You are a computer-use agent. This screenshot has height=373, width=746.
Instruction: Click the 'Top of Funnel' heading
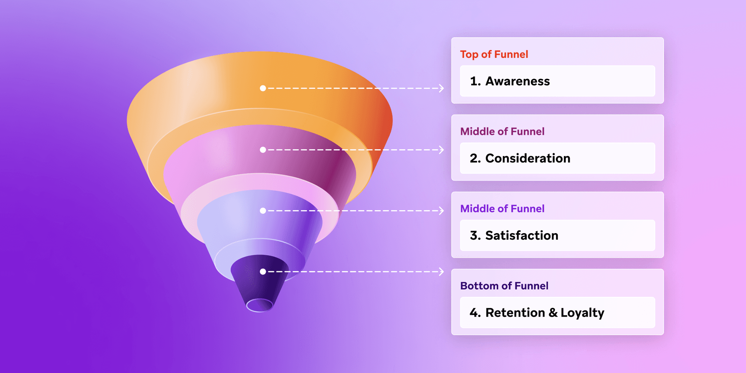pos(494,54)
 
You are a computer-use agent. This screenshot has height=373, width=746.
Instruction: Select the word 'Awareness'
pos(518,81)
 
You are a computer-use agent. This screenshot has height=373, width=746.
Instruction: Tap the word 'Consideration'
pos(528,159)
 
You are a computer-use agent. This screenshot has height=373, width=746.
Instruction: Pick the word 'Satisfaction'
pos(521,235)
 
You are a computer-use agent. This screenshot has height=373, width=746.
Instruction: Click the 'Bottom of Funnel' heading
pos(504,286)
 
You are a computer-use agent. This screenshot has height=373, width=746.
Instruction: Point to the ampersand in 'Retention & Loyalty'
pos(553,313)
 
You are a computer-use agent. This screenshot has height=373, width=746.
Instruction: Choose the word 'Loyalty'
pos(582,313)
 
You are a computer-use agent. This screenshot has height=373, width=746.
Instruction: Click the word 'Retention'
pos(515,313)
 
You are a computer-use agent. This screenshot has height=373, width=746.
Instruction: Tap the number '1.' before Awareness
pos(475,81)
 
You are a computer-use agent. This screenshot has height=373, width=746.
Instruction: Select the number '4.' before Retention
pos(475,313)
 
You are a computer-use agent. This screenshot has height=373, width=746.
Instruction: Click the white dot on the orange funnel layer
pos(263,88)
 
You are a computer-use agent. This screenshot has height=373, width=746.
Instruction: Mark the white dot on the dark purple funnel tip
pos(263,272)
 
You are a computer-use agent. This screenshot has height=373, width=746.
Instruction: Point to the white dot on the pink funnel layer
pos(263,150)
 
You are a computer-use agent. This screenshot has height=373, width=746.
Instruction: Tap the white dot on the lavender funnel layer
pos(263,211)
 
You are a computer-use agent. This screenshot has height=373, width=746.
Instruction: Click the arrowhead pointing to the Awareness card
pos(441,88)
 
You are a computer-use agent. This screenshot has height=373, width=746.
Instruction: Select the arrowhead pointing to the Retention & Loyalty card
pos(441,272)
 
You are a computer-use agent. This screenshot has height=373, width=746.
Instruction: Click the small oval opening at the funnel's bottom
pos(260,305)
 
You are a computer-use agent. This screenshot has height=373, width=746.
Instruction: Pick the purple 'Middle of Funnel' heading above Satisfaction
pos(502,209)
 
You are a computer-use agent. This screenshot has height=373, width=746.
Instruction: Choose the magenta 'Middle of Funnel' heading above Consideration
pos(502,132)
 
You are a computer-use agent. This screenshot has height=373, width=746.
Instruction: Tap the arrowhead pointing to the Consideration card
pos(441,150)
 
